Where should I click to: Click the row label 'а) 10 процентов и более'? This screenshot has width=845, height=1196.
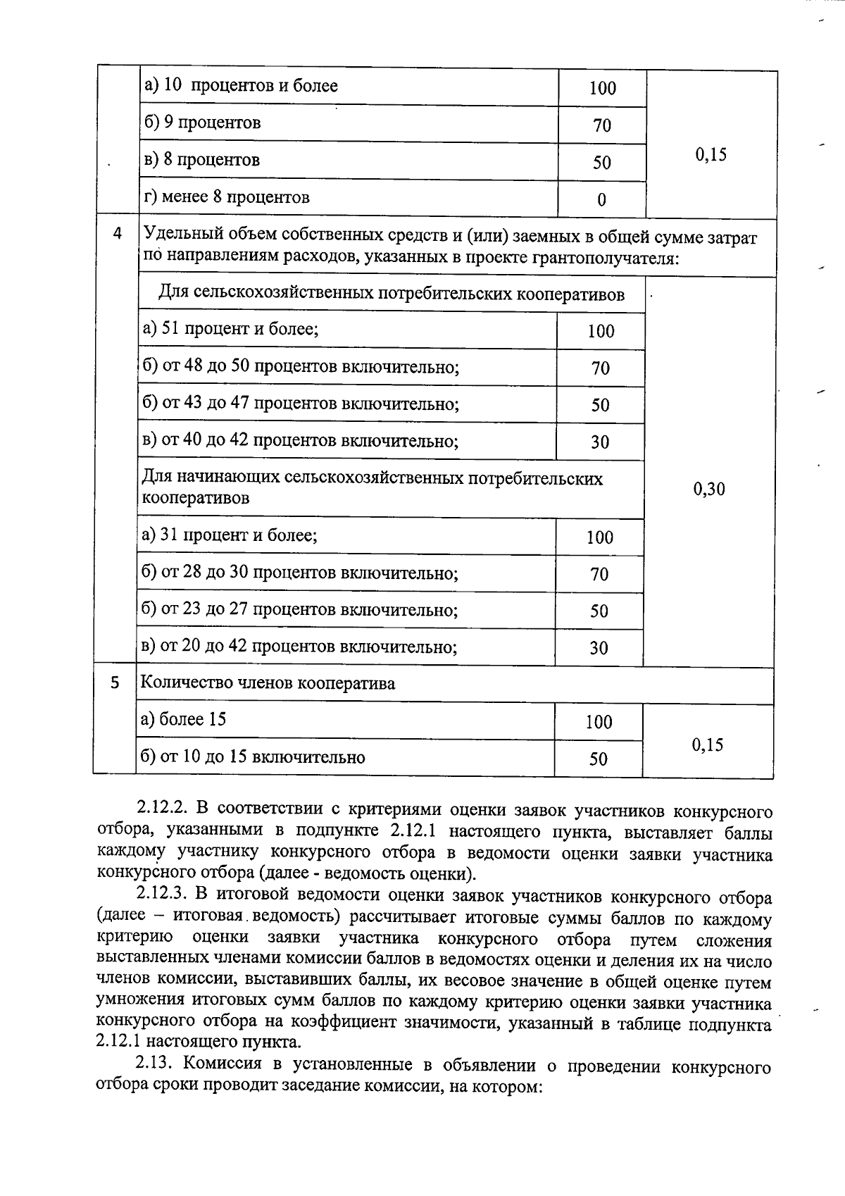click(241, 86)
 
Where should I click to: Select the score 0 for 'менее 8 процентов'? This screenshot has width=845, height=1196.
click(601, 200)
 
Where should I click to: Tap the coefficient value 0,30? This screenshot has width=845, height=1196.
click(709, 489)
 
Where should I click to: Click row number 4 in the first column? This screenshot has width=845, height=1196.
click(117, 233)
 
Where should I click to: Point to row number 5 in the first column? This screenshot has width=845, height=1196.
click(115, 683)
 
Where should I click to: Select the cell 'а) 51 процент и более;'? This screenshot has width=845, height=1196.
click(230, 329)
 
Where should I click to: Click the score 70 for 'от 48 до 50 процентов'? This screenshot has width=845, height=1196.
click(600, 368)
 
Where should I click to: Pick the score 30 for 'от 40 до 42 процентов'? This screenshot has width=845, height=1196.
click(599, 442)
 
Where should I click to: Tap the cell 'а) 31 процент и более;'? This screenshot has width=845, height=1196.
click(230, 535)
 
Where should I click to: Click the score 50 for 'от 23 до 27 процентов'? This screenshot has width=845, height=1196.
click(599, 611)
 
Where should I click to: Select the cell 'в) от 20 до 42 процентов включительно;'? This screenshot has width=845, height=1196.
click(299, 646)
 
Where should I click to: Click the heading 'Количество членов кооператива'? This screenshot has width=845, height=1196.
click(268, 683)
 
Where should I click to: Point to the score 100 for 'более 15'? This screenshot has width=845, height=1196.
click(599, 721)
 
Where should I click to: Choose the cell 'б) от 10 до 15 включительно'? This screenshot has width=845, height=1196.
click(253, 757)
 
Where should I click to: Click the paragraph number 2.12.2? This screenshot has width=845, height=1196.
click(161, 811)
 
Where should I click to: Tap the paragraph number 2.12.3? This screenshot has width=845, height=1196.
click(161, 897)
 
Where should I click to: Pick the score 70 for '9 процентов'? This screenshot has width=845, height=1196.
click(601, 125)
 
